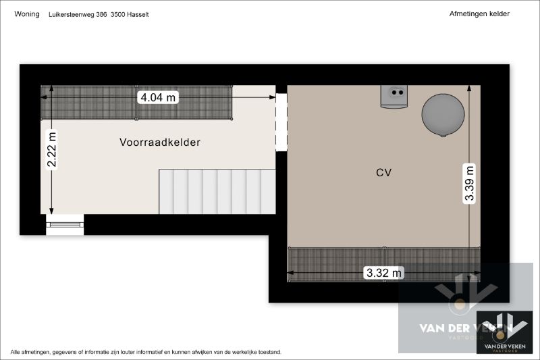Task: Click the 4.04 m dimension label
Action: [x=158, y=97]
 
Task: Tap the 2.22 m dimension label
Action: [x=52, y=150]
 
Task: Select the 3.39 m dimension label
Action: [x=469, y=183]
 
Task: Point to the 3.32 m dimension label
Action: [x=383, y=273]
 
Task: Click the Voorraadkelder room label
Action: [x=160, y=143]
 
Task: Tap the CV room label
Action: [x=383, y=173]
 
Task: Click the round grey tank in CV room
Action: [x=443, y=115]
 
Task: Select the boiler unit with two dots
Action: [x=394, y=97]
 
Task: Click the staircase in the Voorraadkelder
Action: [x=217, y=192]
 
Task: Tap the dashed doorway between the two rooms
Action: [x=281, y=122]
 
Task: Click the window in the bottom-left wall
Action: [x=65, y=225]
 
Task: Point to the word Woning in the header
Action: [x=27, y=14]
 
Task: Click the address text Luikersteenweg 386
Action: [x=78, y=14]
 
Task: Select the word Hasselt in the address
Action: [x=138, y=14]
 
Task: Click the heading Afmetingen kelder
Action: [x=479, y=14]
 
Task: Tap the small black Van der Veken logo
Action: [x=504, y=332]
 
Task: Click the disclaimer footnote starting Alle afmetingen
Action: [x=146, y=352]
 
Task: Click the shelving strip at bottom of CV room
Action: [x=383, y=265]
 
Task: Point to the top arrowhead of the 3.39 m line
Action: [x=469, y=88]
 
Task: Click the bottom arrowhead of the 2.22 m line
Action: [x=52, y=211]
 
